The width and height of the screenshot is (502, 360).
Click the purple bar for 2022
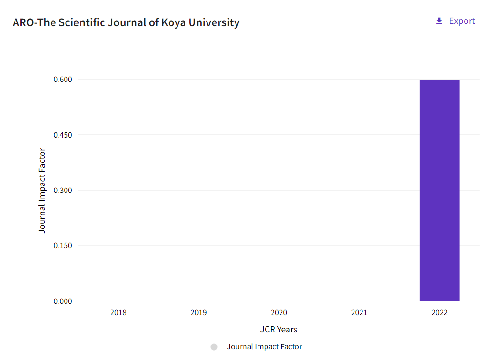[x=439, y=190]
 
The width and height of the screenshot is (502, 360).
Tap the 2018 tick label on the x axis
[x=118, y=312]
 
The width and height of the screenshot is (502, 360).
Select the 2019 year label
[x=199, y=312]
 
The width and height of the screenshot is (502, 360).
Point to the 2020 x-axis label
[x=279, y=312]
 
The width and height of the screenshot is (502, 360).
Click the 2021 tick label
[x=359, y=312]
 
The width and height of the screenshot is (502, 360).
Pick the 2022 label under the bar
[x=439, y=312]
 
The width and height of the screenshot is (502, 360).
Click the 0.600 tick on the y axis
[x=63, y=80]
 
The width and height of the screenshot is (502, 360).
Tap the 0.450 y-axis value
[x=63, y=135]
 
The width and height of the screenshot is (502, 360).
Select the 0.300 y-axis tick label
[x=63, y=190]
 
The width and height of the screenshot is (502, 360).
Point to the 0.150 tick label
[x=63, y=246]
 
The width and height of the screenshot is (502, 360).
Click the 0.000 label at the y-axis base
[x=63, y=301]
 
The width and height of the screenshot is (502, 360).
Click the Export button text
[x=462, y=21]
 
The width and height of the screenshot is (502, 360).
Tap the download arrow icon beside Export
[x=439, y=21]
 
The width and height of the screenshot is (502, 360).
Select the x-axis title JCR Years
[x=279, y=330]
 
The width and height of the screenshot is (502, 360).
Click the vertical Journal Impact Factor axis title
[x=42, y=190]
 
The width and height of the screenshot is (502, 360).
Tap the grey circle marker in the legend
[x=214, y=347]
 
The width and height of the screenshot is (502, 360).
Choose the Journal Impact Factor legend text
[x=265, y=347]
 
